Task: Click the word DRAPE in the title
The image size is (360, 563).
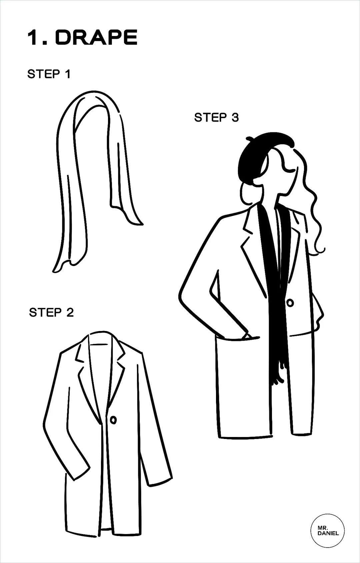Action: point(96,37)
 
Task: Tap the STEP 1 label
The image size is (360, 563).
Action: point(49,74)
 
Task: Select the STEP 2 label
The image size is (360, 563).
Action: point(52,312)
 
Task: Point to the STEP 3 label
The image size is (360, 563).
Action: point(216,117)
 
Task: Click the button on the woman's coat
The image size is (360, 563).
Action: point(290,303)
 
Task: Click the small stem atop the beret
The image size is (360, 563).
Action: point(249,138)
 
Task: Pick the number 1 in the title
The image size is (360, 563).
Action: point(33,38)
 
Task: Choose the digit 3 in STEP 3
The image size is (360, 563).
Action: point(235,117)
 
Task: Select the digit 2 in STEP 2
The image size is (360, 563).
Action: point(70,312)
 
